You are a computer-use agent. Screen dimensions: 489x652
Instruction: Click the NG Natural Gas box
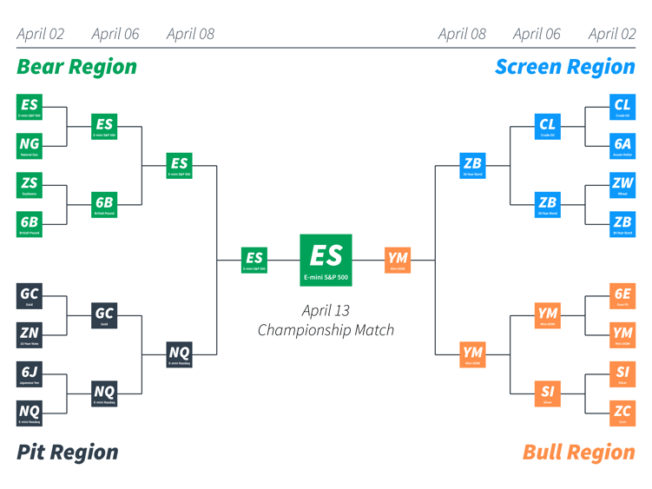coord(30,146)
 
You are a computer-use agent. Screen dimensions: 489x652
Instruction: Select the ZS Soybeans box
coord(30,185)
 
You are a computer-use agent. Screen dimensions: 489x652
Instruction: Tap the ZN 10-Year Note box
coord(30,334)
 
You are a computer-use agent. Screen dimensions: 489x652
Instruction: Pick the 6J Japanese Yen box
coord(30,373)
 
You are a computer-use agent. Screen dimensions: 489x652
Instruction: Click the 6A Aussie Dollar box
coord(622,146)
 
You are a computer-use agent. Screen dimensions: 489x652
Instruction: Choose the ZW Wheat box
coord(622,185)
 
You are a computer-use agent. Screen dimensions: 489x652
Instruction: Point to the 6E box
coord(622,295)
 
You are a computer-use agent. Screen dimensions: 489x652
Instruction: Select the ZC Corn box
coord(622,413)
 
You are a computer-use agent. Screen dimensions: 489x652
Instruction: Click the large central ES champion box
coord(326,260)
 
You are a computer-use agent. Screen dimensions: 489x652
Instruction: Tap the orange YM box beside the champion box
coord(398,260)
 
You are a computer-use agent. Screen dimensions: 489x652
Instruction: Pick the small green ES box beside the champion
coord(254,260)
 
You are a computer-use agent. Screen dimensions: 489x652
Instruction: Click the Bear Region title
coord(76,67)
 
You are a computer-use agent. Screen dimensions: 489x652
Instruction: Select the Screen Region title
coord(564,67)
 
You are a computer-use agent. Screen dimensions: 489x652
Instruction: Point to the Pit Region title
coord(68,452)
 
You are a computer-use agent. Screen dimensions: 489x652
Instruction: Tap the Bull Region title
coord(578,452)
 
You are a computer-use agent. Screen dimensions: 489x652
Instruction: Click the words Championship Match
coord(326,330)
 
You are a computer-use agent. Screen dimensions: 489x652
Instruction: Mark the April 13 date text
coord(326,310)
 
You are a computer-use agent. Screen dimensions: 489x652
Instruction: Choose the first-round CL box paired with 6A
coord(622,107)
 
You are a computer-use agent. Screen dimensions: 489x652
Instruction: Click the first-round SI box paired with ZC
coord(622,373)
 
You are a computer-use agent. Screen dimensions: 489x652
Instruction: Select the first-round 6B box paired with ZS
coord(30,224)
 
